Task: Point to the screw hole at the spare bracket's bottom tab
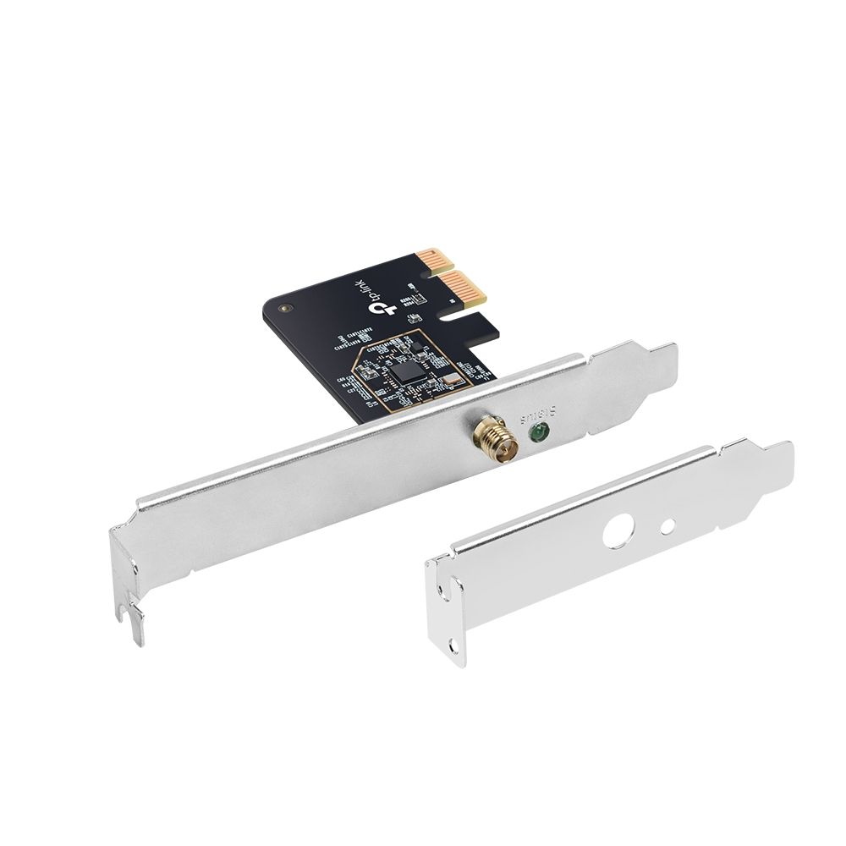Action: pos(458,645)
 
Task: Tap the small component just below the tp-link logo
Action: pos(415,318)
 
